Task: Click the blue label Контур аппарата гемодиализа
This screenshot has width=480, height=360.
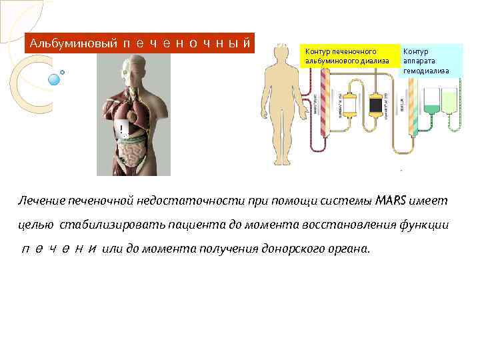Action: (430, 60)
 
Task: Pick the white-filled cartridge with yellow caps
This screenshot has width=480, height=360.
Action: (348, 105)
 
